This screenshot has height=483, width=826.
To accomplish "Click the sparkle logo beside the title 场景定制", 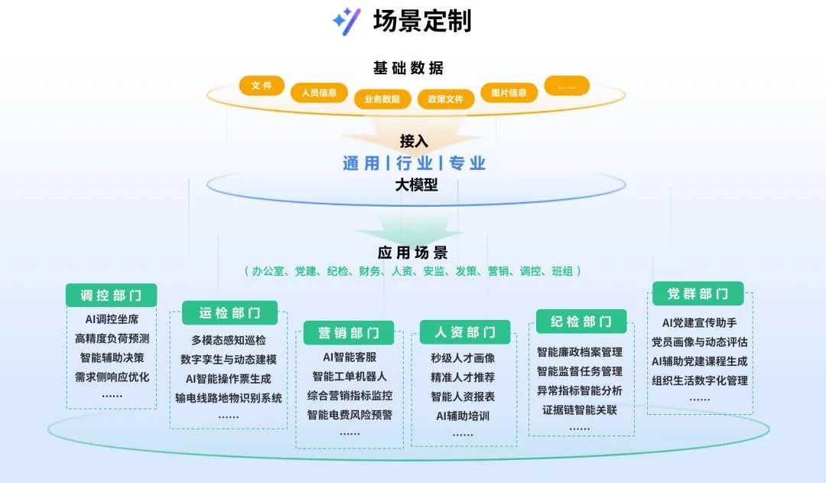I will click(346, 21).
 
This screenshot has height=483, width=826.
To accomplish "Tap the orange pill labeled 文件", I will click(262, 86).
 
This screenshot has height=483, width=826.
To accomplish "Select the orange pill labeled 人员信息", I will click(319, 93).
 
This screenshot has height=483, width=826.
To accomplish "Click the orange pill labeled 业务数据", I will click(382, 99).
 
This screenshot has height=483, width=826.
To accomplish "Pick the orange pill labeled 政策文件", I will click(446, 99).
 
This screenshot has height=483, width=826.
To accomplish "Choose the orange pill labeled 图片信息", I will click(509, 93).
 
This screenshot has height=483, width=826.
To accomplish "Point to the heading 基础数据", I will click(408, 68).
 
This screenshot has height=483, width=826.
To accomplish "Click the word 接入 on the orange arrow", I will click(414, 141).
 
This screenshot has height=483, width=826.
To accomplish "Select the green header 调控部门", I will click(112, 295).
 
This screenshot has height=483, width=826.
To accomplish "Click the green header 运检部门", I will click(229, 313).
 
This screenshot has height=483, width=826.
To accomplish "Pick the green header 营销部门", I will click(349, 332).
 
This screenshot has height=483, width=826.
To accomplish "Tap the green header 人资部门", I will click(465, 332).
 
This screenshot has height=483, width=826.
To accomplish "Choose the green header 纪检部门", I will click(581, 321).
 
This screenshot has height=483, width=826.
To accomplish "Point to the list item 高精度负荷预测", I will click(112, 338).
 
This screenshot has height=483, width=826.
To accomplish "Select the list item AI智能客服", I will click(350, 357).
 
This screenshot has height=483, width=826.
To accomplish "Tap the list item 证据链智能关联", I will click(580, 410).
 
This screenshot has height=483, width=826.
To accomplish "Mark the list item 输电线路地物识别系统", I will click(229, 397).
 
